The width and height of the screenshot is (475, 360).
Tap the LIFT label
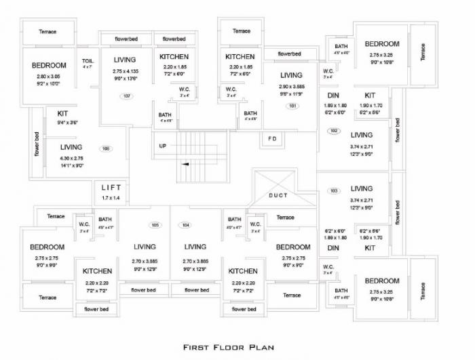[x=111, y=188]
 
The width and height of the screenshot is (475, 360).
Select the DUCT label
[x=278, y=195]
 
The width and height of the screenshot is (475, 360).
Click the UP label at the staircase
[x=163, y=146]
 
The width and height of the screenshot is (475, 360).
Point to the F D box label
[x=272, y=139]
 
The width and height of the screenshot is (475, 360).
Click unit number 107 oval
[x=126, y=96]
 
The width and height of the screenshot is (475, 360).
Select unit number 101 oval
[x=292, y=106]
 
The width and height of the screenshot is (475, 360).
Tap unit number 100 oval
[x=106, y=148]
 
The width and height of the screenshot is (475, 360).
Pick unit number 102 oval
[x=334, y=131]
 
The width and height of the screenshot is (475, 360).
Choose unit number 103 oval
[x=334, y=191]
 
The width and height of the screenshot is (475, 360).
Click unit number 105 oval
[x=155, y=224]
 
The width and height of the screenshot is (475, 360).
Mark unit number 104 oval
[x=185, y=224]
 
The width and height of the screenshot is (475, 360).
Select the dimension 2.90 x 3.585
[x=291, y=87]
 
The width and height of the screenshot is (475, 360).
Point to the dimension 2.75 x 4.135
[x=125, y=71]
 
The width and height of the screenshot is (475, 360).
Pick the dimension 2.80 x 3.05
[x=49, y=77]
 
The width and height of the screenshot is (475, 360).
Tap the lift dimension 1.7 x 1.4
[x=111, y=198]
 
